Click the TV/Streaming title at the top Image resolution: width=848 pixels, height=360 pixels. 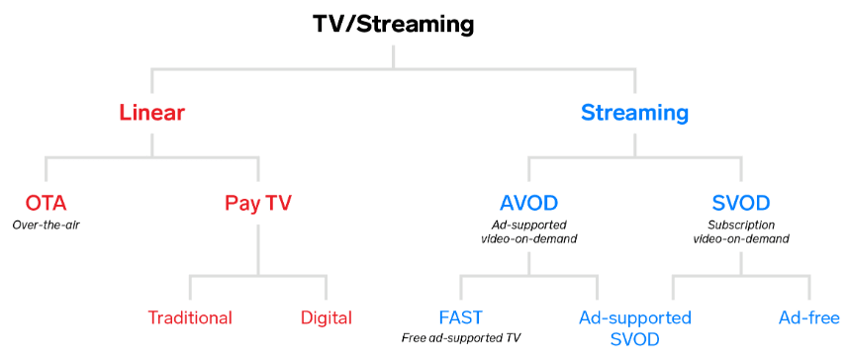coord(393,23)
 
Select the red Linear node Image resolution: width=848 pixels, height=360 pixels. coord(152,113)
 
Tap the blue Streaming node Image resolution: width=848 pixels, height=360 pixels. coord(634,113)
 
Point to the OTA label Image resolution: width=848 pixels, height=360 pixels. coord(47,204)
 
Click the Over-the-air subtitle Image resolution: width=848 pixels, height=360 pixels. coord(47,225)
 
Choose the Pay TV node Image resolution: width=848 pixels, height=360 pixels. coord(258,204)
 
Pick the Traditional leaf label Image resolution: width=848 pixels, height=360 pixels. coord(190,317)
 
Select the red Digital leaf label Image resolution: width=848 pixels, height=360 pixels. coord(327,317)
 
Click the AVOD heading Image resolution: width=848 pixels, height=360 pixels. coord(528,204)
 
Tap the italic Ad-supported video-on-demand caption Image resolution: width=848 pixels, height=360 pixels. coord(528,231)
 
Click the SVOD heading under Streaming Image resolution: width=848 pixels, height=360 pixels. coord(741,204)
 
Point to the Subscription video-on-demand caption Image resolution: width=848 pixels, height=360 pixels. coord(741,231)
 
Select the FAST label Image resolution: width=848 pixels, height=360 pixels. coord(460,317)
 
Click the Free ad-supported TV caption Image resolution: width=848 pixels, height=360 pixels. coord(460,338)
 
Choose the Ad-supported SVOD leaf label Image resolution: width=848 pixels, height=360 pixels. coord(634,328)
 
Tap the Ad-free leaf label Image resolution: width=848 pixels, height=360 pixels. coord(808,317)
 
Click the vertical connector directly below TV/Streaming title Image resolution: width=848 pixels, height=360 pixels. coord(393,53)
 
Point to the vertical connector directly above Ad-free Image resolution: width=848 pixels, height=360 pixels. coord(808,288)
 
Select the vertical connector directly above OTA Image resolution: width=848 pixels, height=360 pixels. coord(47,170)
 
